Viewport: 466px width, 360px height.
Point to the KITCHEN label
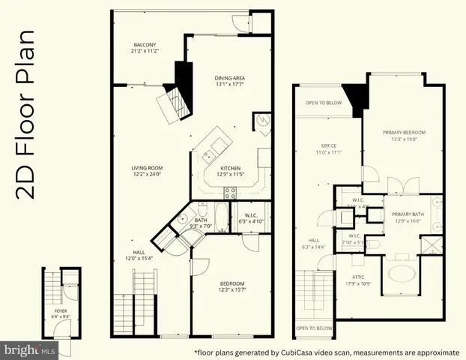click(231, 168)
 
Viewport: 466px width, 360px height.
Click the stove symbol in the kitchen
click(232, 191)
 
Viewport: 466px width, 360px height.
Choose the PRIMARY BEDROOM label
click(403, 133)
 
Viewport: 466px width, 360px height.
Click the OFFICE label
click(328, 145)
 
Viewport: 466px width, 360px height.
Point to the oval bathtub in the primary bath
click(404, 272)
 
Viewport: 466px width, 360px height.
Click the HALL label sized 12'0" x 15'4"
click(139, 253)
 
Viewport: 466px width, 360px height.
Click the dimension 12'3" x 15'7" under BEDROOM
click(232, 289)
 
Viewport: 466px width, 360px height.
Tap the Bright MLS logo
click(29, 349)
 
